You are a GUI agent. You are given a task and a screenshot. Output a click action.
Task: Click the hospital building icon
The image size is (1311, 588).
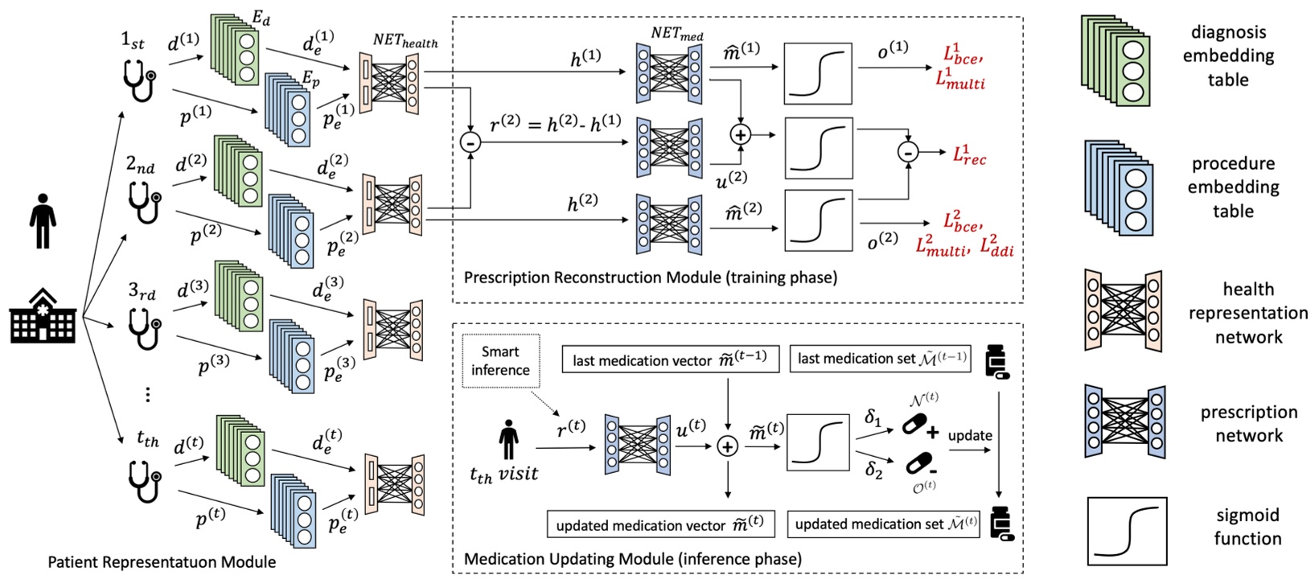click(43, 316)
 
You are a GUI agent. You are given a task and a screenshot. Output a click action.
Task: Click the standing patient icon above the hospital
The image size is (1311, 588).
click(43, 219)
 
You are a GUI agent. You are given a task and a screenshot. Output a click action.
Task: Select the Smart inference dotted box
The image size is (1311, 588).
click(500, 360)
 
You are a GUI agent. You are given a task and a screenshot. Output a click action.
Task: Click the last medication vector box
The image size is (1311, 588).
click(670, 360)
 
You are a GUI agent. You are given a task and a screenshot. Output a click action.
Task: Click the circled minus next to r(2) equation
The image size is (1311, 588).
click(470, 142)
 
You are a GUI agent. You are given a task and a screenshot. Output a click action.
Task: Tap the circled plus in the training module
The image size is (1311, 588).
click(739, 135)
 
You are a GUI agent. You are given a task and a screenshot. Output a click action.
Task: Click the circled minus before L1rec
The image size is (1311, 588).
click(907, 151)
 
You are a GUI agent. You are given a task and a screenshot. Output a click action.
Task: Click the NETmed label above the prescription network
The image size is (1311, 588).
click(678, 34)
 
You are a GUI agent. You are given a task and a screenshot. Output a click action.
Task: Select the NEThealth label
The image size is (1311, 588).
click(404, 40)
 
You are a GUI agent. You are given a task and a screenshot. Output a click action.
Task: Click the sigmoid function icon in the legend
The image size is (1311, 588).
click(1126, 530)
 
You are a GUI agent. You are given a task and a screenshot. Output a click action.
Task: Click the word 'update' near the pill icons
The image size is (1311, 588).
click(969, 435)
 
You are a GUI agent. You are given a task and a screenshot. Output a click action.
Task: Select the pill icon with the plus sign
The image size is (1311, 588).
click(919, 425)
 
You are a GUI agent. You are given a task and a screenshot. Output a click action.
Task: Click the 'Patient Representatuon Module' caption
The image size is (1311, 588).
click(162, 562)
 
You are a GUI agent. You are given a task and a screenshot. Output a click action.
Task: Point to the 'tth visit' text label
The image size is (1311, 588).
click(504, 474)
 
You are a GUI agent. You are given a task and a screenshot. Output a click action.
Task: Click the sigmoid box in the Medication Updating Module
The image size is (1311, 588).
click(817, 442)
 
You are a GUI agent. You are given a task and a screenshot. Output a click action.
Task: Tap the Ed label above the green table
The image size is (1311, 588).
click(261, 18)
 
